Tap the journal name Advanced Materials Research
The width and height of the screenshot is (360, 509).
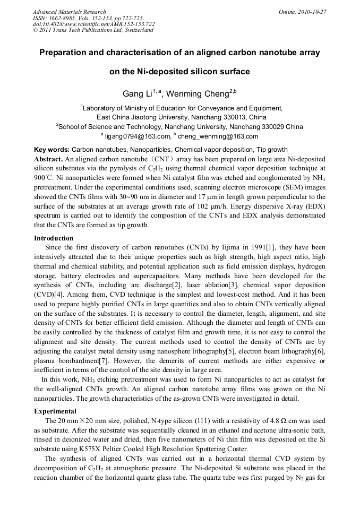(x=69, y=12)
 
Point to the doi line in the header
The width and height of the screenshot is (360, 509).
(x=93, y=24)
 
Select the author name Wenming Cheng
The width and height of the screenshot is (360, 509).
(x=198, y=94)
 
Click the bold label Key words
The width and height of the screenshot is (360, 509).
(x=51, y=150)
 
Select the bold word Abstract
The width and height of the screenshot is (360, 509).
(x=48, y=159)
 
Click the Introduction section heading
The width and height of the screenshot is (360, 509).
(x=54, y=238)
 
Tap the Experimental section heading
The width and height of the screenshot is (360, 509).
(x=55, y=411)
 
